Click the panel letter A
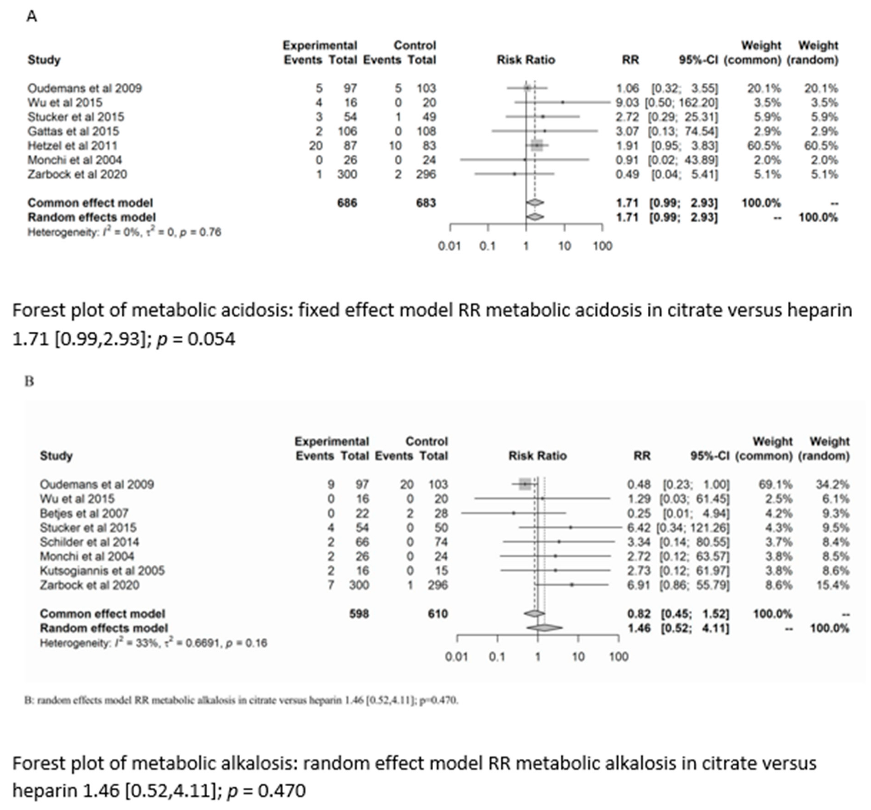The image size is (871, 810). point(31,17)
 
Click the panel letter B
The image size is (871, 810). point(29,381)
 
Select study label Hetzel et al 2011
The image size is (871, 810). point(72,146)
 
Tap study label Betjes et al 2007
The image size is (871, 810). point(84,513)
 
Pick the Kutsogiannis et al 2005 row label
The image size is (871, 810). point(102,571)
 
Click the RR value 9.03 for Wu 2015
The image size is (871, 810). point(627,103)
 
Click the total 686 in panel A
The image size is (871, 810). point(347,203)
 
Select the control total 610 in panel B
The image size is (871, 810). point(437,614)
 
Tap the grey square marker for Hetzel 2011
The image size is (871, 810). point(537,146)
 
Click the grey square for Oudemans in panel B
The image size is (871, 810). point(525,484)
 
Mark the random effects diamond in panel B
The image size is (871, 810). point(544,628)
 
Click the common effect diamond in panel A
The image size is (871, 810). point(535,203)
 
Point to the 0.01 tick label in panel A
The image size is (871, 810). point(449,246)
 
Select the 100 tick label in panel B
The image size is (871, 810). point(618,657)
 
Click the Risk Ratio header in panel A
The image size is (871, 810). point(526,60)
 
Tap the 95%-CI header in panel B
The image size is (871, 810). point(710,456)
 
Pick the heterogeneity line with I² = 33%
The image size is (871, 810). point(153,643)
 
